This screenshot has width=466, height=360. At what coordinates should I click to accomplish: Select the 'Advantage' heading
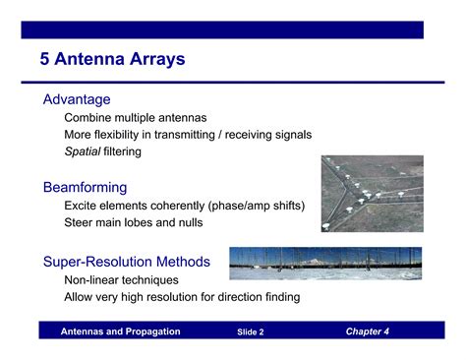(77, 99)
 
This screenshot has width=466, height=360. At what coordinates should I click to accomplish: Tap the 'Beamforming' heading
(85, 187)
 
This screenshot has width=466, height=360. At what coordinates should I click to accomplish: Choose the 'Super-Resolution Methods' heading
(126, 262)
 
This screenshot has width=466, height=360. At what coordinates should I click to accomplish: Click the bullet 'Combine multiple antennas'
(135, 118)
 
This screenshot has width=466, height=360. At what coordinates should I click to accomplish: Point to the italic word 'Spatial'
(82, 151)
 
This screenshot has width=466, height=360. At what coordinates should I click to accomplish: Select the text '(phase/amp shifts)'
(259, 206)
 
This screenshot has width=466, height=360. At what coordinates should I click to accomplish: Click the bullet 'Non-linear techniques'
(121, 279)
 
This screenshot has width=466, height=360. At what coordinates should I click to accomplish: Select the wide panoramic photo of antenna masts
(324, 263)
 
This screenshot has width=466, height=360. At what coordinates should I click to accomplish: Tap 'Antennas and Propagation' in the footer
(120, 331)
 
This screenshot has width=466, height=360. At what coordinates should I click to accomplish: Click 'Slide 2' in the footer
(250, 332)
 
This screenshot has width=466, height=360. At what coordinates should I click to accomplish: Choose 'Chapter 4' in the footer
(367, 331)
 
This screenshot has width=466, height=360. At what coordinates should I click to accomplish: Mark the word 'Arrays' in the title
(156, 60)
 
